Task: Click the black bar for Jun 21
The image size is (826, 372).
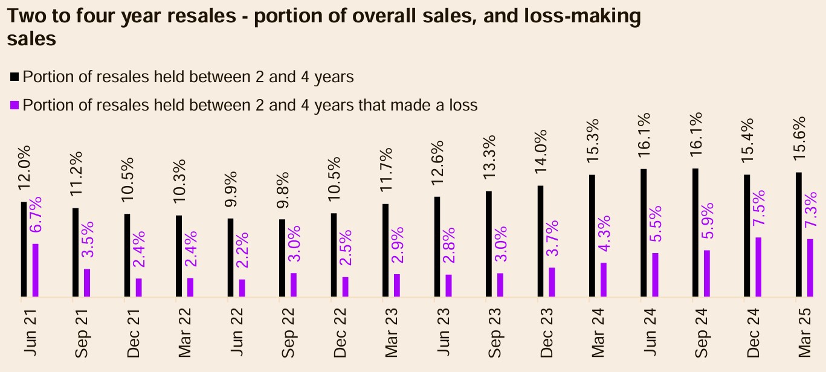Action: click(x=24, y=249)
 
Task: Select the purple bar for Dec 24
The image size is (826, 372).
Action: click(x=758, y=267)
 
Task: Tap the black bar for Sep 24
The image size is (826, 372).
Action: click(x=695, y=233)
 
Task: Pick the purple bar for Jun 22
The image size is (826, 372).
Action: click(x=242, y=288)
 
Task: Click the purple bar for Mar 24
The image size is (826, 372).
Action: click(x=604, y=280)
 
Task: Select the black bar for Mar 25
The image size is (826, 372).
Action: click(x=799, y=235)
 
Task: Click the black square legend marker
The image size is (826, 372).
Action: click(x=15, y=77)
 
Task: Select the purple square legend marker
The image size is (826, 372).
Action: click(x=15, y=106)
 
